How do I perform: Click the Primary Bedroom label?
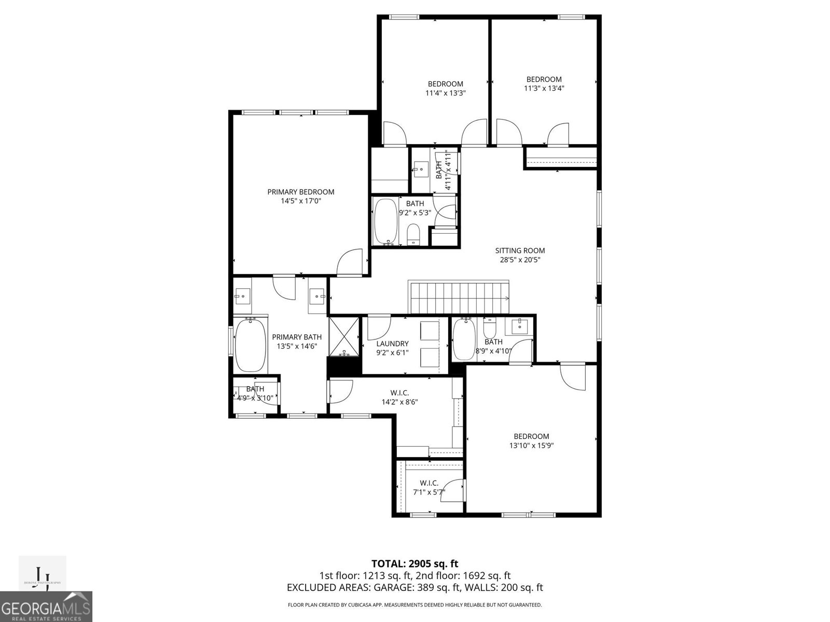point(300,192)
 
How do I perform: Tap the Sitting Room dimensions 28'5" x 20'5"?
point(520,260)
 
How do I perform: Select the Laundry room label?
point(392,344)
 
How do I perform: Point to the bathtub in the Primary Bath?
point(250,345)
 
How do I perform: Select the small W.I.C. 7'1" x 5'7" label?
point(429,483)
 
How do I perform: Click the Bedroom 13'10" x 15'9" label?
point(531,436)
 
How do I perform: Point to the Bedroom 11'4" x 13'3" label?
point(445,84)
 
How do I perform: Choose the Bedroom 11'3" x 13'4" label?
point(544,79)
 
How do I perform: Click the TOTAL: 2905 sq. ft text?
point(414,563)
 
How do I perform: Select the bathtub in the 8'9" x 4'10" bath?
point(464,340)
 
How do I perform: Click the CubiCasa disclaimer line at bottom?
point(414,605)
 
